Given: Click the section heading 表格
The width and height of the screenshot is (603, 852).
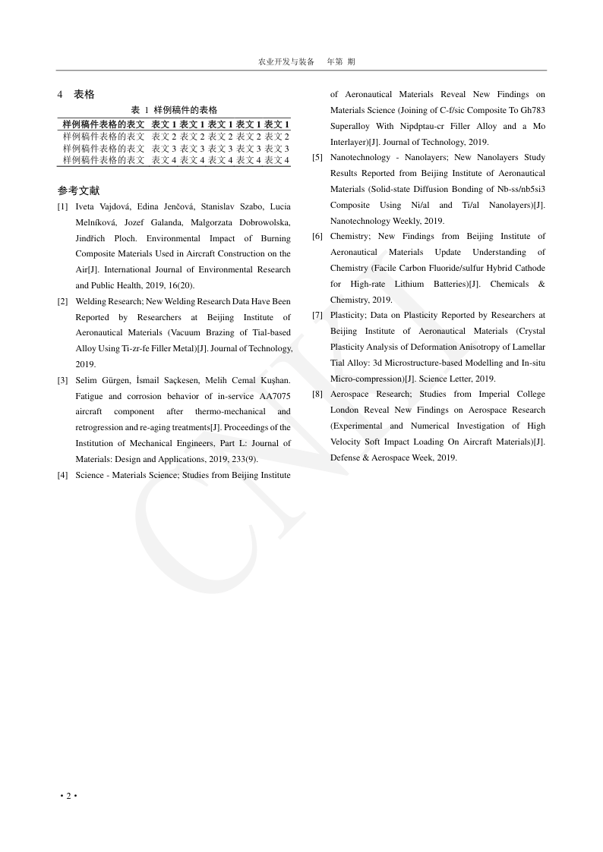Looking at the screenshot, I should (84, 95).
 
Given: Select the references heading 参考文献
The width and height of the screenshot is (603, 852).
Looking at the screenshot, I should (78, 191).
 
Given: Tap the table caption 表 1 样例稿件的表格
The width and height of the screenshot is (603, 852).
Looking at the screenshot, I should (175, 110).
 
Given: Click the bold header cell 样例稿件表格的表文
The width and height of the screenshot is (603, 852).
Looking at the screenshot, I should (103, 124).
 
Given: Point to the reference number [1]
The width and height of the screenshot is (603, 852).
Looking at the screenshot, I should (62, 206).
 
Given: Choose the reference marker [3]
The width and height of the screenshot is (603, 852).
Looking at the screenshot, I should (62, 380).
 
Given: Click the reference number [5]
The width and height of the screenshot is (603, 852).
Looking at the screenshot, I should (317, 158).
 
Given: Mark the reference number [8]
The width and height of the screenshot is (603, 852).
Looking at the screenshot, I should (317, 395).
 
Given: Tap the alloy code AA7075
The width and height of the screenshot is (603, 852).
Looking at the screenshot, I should (275, 396).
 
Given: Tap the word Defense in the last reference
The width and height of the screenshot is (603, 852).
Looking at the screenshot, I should (346, 457).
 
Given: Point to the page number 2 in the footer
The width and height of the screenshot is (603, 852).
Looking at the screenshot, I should (68, 796).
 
